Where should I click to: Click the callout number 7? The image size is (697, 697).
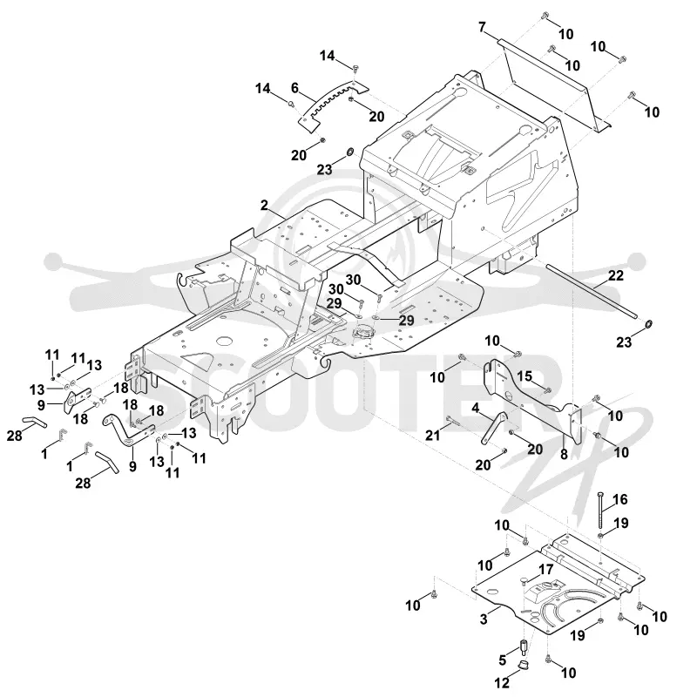pos(483,27)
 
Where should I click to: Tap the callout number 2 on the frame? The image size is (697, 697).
pos(265,205)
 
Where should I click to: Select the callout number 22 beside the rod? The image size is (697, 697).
pos(616,275)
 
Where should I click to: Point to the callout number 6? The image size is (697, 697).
pos(294,88)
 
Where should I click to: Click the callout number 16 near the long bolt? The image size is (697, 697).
pos(620,499)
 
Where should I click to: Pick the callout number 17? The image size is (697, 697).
pos(546,569)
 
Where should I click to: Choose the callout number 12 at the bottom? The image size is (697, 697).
pos(502,682)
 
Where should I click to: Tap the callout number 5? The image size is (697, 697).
pos(503,660)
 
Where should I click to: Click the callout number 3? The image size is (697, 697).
pos(484,619)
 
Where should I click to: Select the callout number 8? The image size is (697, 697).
pos(564,454)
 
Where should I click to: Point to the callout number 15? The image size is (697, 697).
pos(524,376)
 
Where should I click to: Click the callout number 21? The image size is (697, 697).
pos(432,435)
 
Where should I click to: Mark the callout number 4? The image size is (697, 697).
pos(476,407)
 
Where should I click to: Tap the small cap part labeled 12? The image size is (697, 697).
pos(525,665)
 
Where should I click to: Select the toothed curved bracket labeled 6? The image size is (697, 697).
pos(333,105)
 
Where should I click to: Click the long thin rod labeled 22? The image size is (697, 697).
pos(592,291)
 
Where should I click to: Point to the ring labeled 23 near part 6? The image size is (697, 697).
pos(350,152)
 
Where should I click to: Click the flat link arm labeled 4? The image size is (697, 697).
pos(494,427)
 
